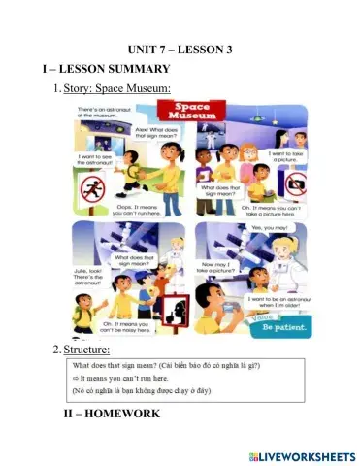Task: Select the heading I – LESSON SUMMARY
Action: point(106,69)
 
